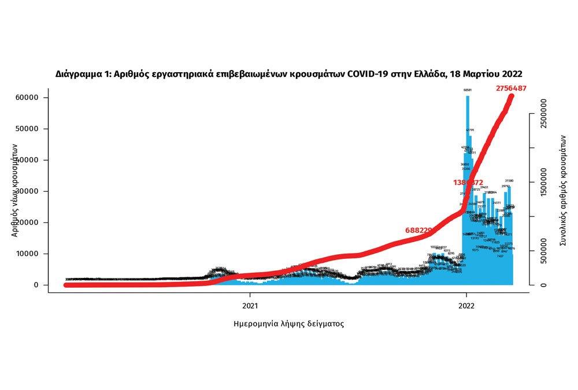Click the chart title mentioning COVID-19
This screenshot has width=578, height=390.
(x=289, y=74)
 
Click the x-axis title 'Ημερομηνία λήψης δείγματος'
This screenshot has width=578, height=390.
(x=288, y=324)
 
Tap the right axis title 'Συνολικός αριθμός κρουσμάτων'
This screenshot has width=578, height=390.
(x=564, y=191)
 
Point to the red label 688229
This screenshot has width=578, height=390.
(x=419, y=230)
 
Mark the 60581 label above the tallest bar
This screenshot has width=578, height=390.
(x=468, y=90)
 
